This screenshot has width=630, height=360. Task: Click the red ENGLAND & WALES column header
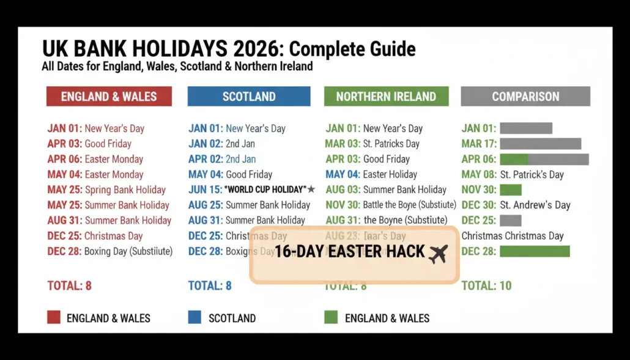tap(109, 97)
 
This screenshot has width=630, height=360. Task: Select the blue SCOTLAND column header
tap(248, 97)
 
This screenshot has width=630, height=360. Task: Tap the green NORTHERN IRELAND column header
tap(386, 97)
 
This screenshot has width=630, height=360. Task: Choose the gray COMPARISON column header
tap(525, 97)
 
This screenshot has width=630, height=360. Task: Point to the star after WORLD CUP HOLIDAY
tap(311, 189)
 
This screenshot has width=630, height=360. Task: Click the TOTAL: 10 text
tap(486, 285)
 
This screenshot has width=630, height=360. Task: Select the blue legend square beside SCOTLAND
tap(195, 317)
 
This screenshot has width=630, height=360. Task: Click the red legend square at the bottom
tap(54, 317)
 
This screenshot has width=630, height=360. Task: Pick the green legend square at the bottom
tap(330, 317)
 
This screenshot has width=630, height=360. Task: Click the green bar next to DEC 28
tap(535, 251)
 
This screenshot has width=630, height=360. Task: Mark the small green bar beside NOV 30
tap(511, 190)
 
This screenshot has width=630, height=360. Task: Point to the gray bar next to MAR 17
tap(540, 144)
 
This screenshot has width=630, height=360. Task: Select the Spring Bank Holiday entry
tap(125, 189)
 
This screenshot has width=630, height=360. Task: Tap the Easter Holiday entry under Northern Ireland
tap(390, 174)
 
